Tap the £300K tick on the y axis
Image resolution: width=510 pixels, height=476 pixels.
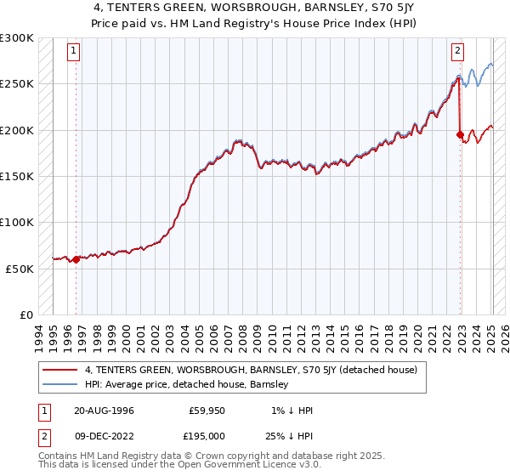(x=17, y=38)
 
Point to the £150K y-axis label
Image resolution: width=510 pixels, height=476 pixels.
(x=17, y=177)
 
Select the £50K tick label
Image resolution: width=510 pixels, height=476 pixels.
(x=20, y=269)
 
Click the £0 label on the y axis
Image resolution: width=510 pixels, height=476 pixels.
(x=27, y=314)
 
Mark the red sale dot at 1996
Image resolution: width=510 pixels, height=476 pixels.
(x=76, y=259)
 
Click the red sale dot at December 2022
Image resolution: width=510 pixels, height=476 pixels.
(x=460, y=134)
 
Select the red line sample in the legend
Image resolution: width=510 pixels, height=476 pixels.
(x=59, y=371)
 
